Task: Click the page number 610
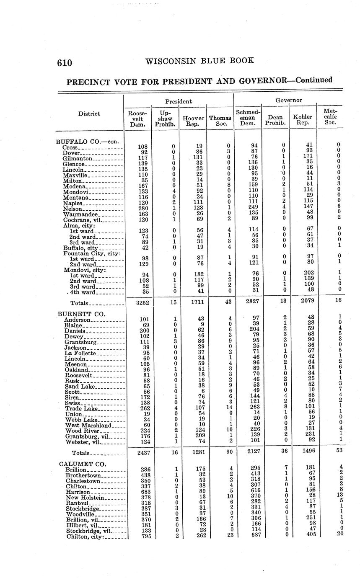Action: (65, 63)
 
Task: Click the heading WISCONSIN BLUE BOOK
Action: (199, 61)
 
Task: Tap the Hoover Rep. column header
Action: (193, 121)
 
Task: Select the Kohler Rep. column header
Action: (303, 120)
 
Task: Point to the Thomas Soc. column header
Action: (220, 121)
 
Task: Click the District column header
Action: (89, 114)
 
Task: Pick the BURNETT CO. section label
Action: (82, 314)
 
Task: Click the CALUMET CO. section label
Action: (83, 464)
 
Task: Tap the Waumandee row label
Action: (80, 214)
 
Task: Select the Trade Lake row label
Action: (81, 409)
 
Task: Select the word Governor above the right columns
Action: (289, 101)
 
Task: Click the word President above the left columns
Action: (179, 101)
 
